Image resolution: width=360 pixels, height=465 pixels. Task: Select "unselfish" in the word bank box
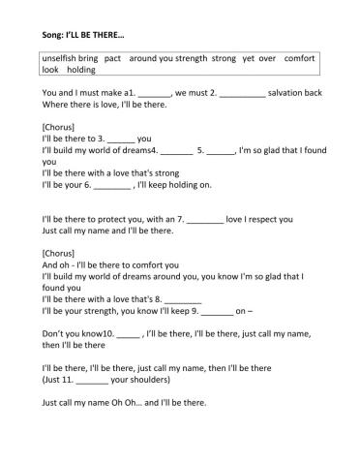pyautogui.click(x=60, y=58)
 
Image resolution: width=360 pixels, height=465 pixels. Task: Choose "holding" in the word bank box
pyautogui.click(x=81, y=71)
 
